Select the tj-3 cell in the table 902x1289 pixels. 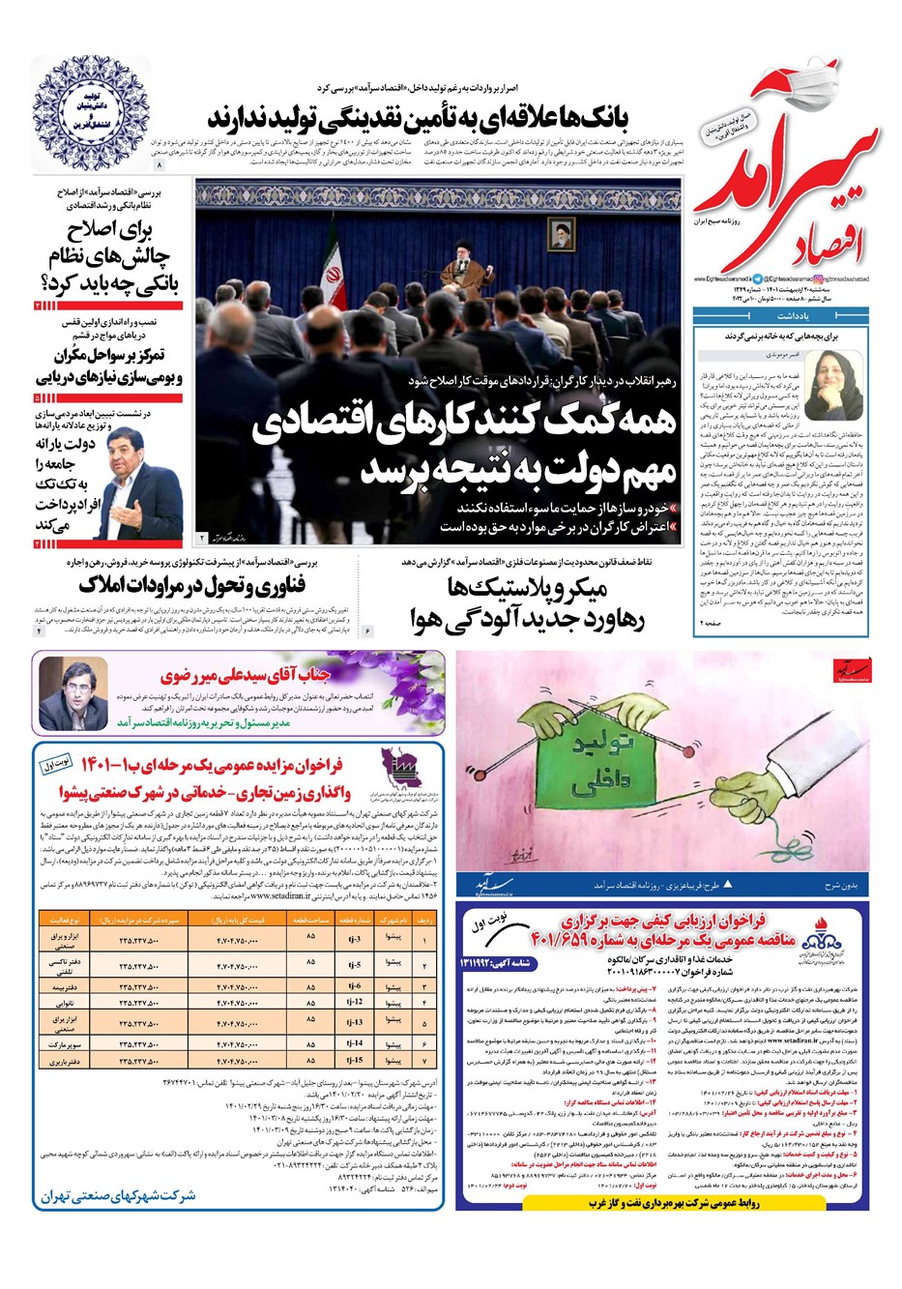point(354,939)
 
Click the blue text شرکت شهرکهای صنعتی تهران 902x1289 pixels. point(118,1196)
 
